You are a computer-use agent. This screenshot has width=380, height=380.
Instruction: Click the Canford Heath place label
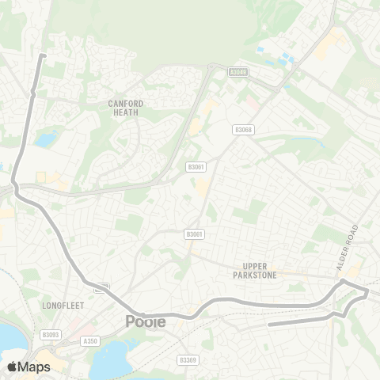click(125, 108)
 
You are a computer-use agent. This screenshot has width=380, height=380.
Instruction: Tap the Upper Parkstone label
click(265, 272)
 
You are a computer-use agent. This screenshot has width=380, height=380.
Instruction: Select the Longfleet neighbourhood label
click(59, 304)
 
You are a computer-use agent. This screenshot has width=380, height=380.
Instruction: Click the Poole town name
click(146, 321)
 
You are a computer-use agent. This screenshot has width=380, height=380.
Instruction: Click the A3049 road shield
click(237, 71)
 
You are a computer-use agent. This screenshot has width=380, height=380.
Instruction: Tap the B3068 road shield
click(243, 130)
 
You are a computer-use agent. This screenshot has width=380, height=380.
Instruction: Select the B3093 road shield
click(51, 335)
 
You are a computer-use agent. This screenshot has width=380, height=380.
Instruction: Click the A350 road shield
click(89, 341)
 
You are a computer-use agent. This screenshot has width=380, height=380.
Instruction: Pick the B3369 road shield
click(188, 360)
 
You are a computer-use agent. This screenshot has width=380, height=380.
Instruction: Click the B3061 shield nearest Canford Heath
click(196, 166)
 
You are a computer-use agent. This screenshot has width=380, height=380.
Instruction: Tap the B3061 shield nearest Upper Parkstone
click(194, 234)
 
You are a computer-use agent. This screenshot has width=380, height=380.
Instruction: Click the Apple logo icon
click(12, 367)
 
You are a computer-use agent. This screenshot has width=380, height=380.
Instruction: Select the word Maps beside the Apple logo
click(34, 367)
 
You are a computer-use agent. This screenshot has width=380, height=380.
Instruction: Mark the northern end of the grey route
click(43, 55)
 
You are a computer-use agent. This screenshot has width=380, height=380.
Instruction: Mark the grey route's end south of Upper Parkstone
click(270, 324)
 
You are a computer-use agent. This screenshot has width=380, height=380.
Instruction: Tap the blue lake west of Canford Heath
click(45, 140)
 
